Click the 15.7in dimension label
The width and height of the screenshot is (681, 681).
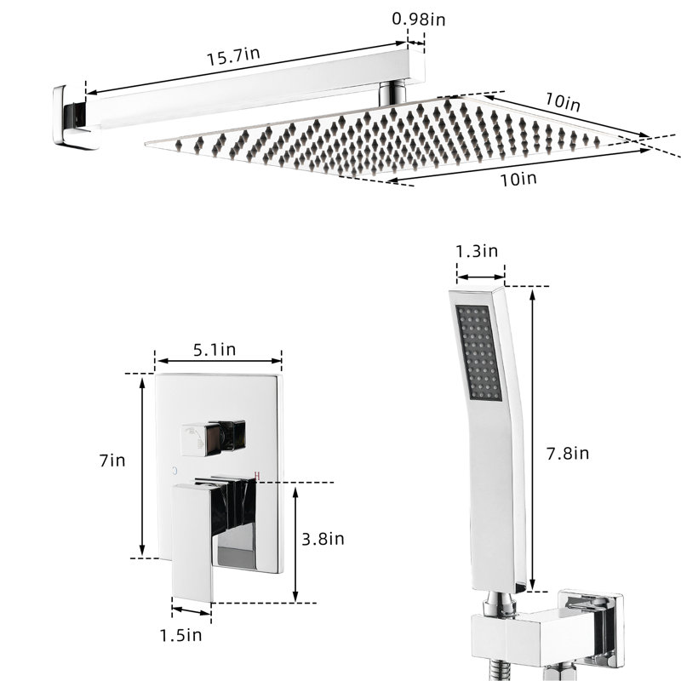232,56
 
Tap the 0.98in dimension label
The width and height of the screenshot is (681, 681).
419,19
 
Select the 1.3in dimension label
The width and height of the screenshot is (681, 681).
477,251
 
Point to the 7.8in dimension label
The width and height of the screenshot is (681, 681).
568,454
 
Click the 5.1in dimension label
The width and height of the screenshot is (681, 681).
215,349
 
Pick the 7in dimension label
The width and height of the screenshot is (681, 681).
112,461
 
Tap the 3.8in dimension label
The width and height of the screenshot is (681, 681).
323,539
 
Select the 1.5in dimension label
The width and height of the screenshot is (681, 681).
180,635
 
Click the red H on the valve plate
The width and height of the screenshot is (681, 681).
257,476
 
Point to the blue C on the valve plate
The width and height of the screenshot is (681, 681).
175,471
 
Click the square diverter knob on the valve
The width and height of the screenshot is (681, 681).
213,438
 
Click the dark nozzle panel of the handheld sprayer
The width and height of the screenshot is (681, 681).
478,352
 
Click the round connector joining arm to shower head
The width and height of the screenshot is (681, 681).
392,94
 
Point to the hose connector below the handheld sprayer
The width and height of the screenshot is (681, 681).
501,604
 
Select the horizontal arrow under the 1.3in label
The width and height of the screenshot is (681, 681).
481,277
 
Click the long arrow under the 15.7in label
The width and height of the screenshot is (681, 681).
247,67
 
